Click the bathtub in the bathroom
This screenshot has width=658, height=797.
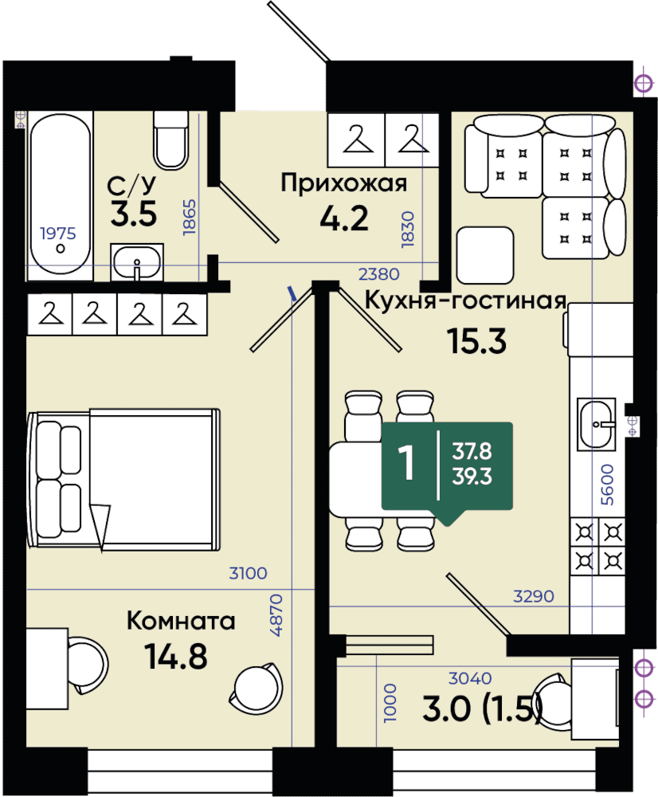coord(60,196)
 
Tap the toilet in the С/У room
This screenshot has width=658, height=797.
coord(170,141)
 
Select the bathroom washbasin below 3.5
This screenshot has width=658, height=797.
coord(137,262)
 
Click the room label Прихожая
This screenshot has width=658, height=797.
coord(344,183)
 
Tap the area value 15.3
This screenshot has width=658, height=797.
coord(476,341)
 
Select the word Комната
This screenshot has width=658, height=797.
coord(181,621)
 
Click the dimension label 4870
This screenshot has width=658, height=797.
coord(276,615)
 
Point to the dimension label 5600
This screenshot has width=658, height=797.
coord(607,485)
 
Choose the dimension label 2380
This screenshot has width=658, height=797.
coord(379,274)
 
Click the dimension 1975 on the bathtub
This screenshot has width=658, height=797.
coord(58,234)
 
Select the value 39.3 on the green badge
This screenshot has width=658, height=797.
coord(472,477)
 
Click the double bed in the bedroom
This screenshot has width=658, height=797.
coord(124,480)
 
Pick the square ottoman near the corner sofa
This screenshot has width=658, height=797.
coord(485,255)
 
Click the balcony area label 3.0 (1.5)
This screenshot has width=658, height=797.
coord(483,709)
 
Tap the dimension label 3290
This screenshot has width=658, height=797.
coord(534,595)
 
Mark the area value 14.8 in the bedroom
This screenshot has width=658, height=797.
coord(176,656)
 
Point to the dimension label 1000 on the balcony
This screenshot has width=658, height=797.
coord(390,703)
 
